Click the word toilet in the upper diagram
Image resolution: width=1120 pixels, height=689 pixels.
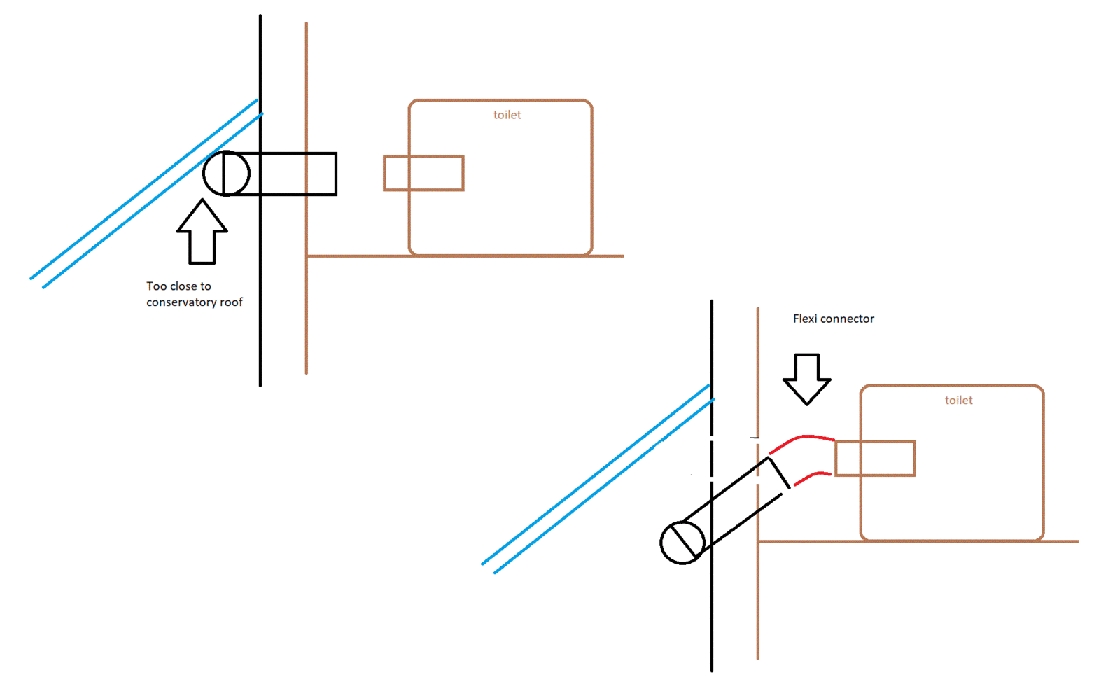coord(507,115)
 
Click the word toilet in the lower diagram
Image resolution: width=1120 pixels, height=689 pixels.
coord(958,400)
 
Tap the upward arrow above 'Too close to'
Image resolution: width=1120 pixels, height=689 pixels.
coord(202,232)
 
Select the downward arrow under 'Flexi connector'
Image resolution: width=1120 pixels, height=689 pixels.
coord(806,380)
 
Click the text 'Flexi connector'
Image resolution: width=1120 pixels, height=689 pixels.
coord(834,319)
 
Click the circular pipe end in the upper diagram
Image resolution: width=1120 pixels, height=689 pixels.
coord(226,174)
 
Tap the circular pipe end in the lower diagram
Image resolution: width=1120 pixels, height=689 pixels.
coord(682,543)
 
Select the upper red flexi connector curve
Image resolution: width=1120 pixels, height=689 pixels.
coord(803,437)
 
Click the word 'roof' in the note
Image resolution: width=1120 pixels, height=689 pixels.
coord(232,302)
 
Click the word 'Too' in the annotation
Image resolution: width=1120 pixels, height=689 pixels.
coord(156,286)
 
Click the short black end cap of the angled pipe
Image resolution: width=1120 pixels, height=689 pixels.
coord(779,473)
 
